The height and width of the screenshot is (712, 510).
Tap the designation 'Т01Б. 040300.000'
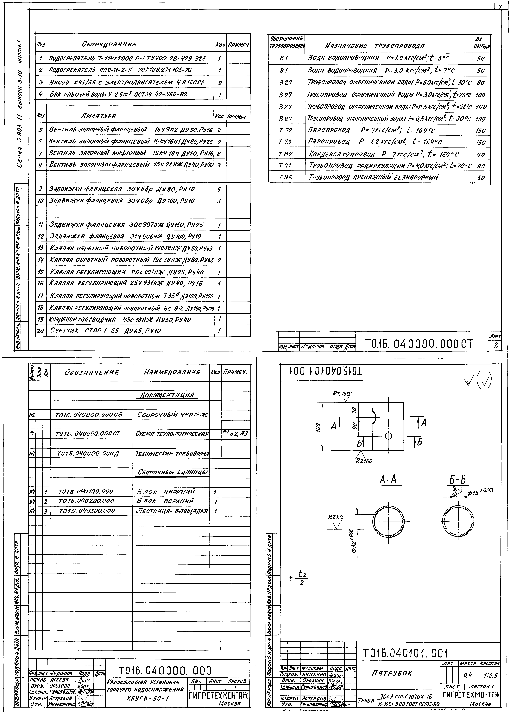pos(87,511)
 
